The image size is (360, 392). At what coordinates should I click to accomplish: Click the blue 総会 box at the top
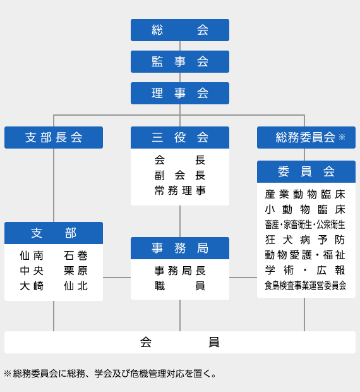click(180, 30)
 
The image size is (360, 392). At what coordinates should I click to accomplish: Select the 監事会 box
click(180, 61)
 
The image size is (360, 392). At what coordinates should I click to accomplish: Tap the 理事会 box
click(180, 93)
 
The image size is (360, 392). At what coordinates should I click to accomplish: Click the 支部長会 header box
click(54, 137)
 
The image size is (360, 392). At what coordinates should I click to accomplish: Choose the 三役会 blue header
click(180, 137)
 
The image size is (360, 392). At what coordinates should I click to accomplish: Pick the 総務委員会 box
click(306, 137)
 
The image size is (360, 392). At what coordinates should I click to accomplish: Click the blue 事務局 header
click(180, 248)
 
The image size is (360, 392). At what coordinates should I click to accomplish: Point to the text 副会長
click(180, 175)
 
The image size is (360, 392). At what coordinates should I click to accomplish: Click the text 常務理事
click(180, 190)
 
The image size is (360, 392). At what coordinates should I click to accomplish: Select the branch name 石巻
click(76, 255)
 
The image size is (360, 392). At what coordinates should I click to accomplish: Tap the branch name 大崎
click(32, 286)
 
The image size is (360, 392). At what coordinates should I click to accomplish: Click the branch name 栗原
click(76, 271)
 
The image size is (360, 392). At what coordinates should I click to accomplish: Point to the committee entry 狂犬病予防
click(305, 240)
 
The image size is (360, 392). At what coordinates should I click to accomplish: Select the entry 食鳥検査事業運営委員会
click(306, 285)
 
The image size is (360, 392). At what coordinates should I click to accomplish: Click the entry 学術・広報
click(305, 270)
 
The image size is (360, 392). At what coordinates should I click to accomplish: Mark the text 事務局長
click(180, 271)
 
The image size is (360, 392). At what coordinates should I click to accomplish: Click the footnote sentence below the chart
click(110, 374)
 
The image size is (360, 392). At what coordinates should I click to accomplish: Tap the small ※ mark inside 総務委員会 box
click(342, 137)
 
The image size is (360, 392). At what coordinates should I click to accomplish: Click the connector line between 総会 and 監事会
click(180, 46)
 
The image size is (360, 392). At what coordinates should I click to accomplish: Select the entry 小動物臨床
click(305, 209)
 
